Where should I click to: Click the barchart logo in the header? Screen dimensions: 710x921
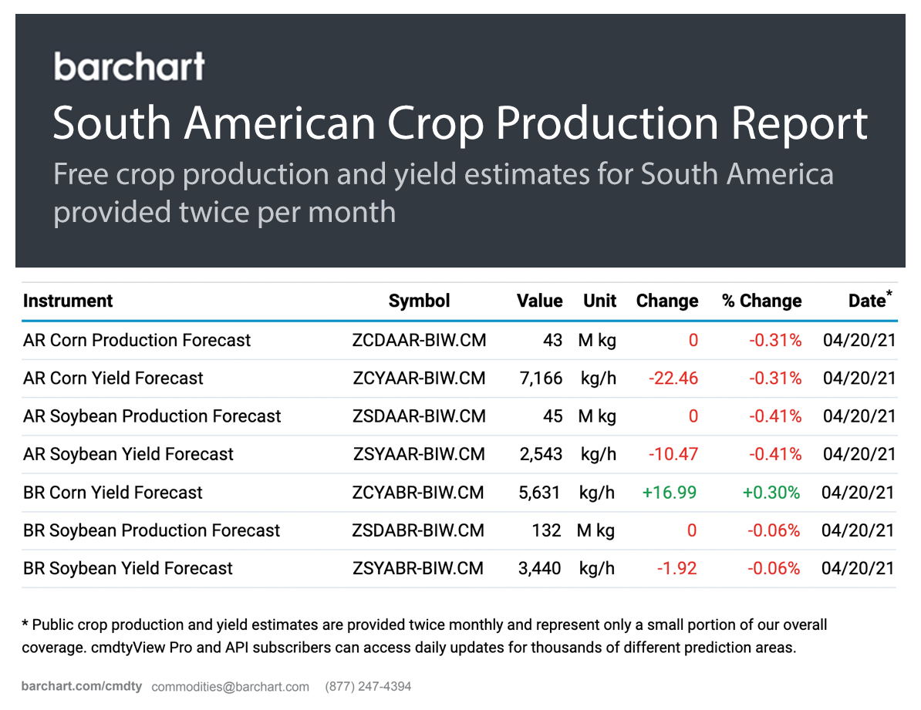(x=130, y=66)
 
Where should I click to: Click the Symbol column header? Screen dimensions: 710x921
(x=419, y=301)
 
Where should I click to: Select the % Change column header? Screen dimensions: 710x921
(x=761, y=301)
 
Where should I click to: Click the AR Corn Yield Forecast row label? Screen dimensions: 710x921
(x=113, y=378)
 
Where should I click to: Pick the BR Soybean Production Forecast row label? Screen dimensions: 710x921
(x=152, y=530)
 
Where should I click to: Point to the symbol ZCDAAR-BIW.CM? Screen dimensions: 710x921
(x=419, y=340)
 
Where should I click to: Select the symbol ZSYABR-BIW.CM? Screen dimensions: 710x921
(x=418, y=568)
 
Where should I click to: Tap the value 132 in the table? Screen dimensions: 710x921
(x=546, y=530)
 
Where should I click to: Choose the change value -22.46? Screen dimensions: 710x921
(x=673, y=378)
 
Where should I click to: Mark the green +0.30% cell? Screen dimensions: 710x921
(x=771, y=493)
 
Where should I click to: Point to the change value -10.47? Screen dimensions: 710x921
(x=673, y=454)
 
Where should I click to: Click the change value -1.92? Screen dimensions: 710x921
(x=676, y=568)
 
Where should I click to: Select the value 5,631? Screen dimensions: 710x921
(x=540, y=493)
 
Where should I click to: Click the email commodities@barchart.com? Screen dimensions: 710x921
(x=230, y=686)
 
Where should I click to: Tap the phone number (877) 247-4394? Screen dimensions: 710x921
(x=368, y=686)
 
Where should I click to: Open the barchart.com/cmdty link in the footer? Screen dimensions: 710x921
(x=82, y=686)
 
